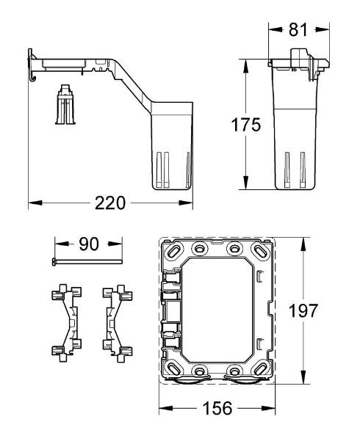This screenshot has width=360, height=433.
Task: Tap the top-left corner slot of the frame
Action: click(x=175, y=251)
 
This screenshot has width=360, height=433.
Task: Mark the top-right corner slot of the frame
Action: click(x=262, y=251)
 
